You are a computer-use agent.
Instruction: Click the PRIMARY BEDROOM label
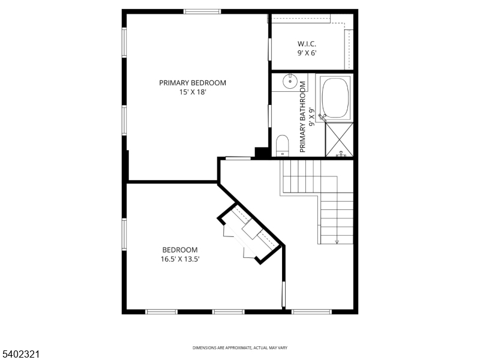(193, 83)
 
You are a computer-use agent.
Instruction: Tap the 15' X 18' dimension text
(193, 92)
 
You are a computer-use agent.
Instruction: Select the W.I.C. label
(307, 44)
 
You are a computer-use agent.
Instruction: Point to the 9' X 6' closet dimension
(307, 53)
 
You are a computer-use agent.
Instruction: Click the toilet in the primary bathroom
(282, 146)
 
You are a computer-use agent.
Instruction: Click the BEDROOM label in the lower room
(179, 250)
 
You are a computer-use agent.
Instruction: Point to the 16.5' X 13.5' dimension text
(179, 259)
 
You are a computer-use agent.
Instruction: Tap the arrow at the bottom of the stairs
(337, 241)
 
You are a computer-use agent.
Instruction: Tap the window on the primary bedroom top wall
(202, 11)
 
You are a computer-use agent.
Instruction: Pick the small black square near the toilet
(262, 152)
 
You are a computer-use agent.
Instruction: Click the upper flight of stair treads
(303, 176)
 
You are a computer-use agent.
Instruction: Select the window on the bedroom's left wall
(124, 234)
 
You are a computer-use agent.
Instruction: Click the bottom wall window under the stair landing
(311, 311)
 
